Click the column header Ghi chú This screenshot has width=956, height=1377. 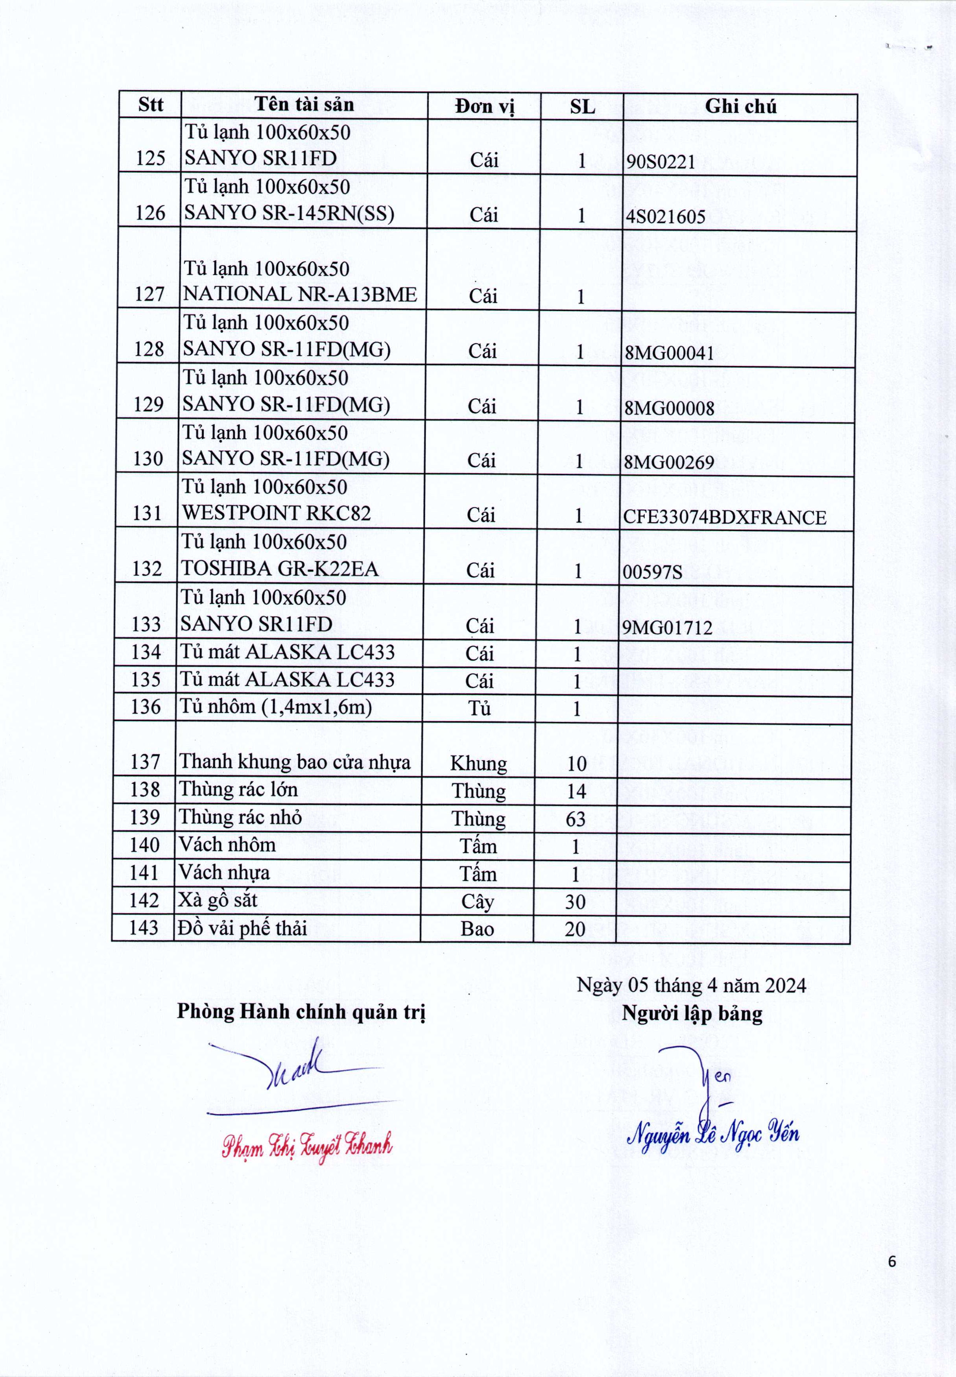[x=740, y=107]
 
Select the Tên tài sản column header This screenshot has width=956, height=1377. [x=304, y=105]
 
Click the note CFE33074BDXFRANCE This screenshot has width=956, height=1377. [x=724, y=517]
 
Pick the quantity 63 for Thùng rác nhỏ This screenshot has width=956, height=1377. [x=576, y=819]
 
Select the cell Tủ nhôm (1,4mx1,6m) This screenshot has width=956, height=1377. [x=275, y=707]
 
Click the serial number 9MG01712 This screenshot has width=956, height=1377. [x=667, y=628]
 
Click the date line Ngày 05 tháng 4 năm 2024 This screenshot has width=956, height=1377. [x=691, y=985]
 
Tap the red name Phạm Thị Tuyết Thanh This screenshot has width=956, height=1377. [x=307, y=1146]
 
